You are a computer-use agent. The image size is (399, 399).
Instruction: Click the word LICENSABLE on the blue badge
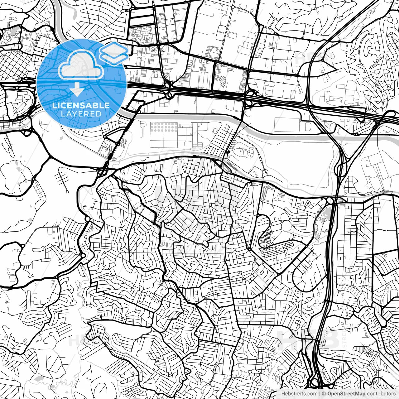pos(81,105)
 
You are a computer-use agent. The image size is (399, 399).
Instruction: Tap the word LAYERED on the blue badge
pos(81,114)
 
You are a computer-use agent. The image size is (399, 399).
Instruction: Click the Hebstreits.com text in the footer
pos(299,394)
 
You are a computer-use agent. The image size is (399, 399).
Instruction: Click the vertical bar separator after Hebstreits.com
pos(320,394)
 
